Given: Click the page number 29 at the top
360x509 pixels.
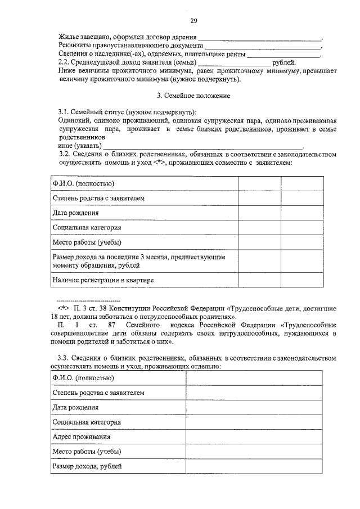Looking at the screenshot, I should [193, 21].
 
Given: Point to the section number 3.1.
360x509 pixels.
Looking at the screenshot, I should [66, 112].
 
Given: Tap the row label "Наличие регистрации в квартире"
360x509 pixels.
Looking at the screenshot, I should [103, 279].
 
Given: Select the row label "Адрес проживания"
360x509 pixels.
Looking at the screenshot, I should [81, 436].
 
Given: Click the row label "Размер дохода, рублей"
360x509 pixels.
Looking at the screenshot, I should [87, 466].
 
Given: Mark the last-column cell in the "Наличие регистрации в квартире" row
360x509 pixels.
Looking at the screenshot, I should [302, 279].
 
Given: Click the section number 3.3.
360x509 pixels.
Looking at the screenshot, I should [66, 357].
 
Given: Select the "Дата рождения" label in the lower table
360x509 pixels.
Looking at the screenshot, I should [75, 407].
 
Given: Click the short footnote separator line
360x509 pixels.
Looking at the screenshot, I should [89, 300].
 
